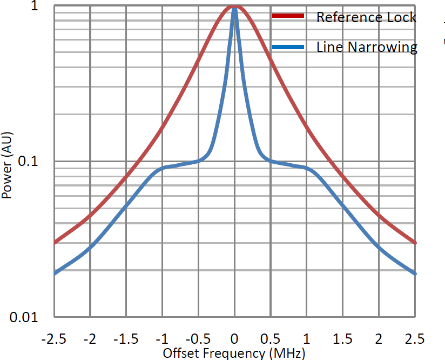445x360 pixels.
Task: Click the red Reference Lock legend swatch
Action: tap(289, 16)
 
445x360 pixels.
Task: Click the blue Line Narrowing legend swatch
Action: tap(289, 47)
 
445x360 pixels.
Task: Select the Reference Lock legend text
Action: tap(366, 17)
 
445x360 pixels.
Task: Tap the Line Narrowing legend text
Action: tap(367, 47)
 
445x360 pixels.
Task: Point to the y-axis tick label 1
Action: tap(41, 7)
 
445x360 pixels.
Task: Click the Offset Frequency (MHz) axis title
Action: tap(234, 353)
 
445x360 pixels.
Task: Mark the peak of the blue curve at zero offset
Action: tap(234, 8)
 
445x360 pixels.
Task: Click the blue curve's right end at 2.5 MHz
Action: tap(415, 273)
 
